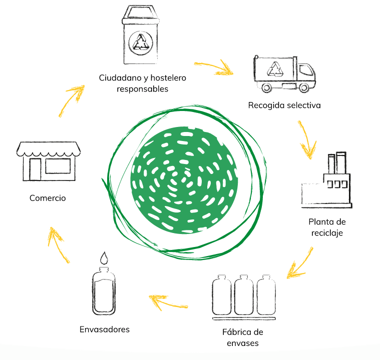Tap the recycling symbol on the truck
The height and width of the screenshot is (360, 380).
tap(276, 69)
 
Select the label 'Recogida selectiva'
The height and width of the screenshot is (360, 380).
tap(284, 105)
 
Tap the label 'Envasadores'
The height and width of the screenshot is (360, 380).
tap(105, 329)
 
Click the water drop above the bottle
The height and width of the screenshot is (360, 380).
tap(104, 258)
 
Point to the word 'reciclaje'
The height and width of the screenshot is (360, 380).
tap(326, 233)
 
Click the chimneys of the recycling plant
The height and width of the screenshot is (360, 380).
tap(336, 163)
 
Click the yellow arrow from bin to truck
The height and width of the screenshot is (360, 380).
tap(214, 66)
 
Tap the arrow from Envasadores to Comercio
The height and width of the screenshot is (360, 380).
tap(59, 244)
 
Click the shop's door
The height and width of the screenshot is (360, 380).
tap(35, 169)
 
